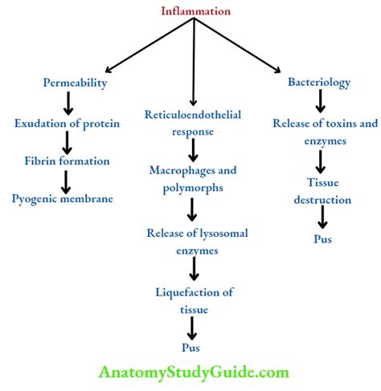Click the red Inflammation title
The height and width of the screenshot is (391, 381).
[195, 11]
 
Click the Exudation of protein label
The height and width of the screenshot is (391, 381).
[67, 124]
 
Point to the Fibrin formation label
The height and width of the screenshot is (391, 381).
[67, 161]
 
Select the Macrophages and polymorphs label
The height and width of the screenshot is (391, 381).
[192, 177]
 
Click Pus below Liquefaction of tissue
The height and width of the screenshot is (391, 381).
[192, 348]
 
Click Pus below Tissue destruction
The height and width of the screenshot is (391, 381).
[322, 238]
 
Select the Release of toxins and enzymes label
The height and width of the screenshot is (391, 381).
[325, 131]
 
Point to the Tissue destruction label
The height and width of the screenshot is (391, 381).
[322, 190]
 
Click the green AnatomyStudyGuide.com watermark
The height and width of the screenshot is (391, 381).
[194, 373]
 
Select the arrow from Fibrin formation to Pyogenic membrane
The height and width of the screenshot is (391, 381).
[67, 179]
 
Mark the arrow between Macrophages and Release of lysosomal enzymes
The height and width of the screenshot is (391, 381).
[192, 210]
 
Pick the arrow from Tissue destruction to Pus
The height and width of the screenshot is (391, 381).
[322, 217]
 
